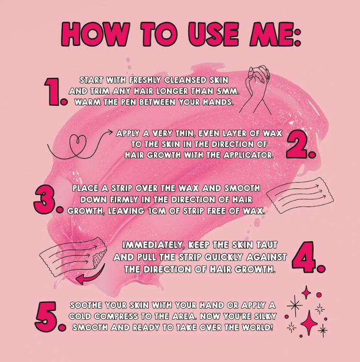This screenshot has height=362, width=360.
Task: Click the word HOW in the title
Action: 95,34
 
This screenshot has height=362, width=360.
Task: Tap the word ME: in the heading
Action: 275,34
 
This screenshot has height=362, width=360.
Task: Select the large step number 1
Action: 56,92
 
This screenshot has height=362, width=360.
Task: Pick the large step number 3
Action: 48,199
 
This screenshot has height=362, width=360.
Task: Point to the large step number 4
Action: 308,257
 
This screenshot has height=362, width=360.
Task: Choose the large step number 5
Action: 50,317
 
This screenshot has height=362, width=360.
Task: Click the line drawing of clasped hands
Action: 256,90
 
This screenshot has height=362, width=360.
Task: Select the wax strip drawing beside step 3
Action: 300,196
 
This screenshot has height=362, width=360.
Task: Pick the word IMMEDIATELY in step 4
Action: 153,245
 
